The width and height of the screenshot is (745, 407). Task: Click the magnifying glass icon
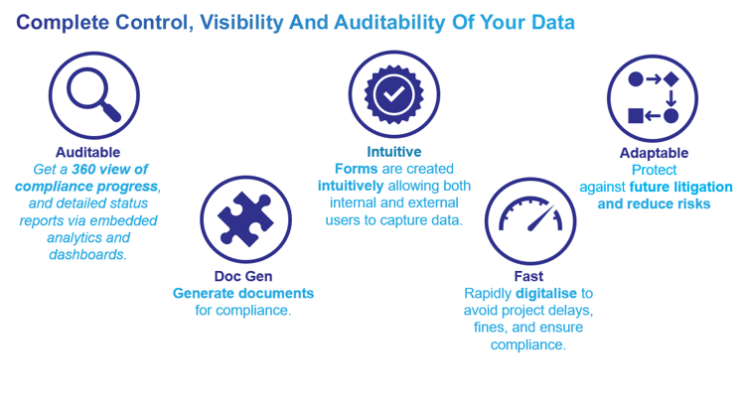coord(94,96)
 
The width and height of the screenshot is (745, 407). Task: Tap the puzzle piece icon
coord(245,219)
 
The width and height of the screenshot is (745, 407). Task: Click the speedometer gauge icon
coord(529,219)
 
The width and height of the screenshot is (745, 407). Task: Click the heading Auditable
coord(88,152)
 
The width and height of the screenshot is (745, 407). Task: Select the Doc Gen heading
coord(243,276)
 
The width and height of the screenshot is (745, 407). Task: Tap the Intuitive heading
coord(394,152)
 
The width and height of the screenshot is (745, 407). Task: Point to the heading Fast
coord(528,276)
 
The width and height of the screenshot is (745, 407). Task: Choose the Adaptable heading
coord(654,153)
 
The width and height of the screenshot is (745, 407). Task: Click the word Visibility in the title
coord(244,22)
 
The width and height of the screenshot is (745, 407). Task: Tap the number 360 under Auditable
coord(84,169)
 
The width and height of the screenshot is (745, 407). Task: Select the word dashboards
coord(87,255)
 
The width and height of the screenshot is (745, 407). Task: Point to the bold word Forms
coord(357,169)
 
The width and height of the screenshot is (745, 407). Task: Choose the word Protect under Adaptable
coord(654,170)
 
